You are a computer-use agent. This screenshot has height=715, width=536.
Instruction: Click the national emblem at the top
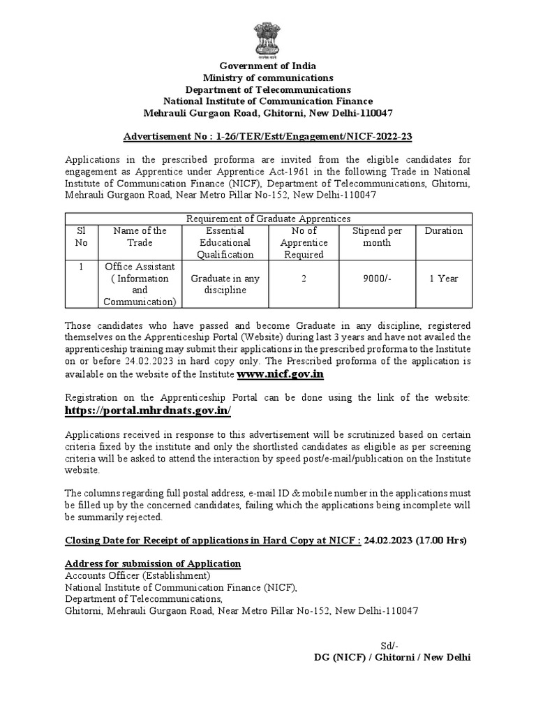tap(268, 36)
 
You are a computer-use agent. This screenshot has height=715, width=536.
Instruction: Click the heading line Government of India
tap(268, 66)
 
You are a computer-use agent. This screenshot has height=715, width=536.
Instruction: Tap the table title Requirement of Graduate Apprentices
tap(268, 219)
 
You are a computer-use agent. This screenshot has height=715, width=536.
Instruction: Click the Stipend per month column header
tap(377, 237)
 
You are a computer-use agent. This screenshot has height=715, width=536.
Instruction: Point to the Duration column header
tap(443, 230)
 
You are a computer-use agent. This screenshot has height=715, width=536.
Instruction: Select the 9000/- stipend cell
tap(377, 279)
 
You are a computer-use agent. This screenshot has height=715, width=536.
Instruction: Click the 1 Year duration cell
tap(443, 279)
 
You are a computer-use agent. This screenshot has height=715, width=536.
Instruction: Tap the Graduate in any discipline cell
tap(225, 283)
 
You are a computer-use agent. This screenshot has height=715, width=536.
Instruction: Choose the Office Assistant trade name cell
tap(140, 283)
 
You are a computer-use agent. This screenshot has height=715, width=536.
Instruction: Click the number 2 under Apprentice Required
tap(304, 279)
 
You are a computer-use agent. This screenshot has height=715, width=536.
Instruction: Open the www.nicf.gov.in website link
tap(281, 374)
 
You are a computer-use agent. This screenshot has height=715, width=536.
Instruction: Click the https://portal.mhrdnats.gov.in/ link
tap(148, 411)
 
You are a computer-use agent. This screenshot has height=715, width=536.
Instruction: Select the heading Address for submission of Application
tap(153, 563)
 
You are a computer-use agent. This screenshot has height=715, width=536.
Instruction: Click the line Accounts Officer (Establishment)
tap(137, 575)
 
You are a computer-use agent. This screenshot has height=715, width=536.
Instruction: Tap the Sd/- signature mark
tap(389, 644)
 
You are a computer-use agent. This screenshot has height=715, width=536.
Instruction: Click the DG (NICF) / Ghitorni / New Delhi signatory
tap(393, 658)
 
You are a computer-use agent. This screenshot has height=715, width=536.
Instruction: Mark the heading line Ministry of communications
tap(268, 78)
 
